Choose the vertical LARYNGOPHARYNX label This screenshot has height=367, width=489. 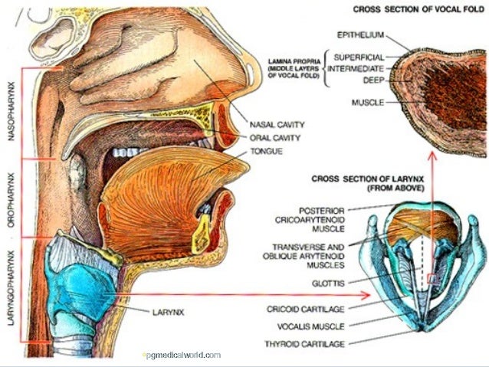tap(11, 287)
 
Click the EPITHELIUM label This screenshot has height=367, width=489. tap(360, 34)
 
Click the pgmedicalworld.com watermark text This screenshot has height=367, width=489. tap(182, 355)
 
